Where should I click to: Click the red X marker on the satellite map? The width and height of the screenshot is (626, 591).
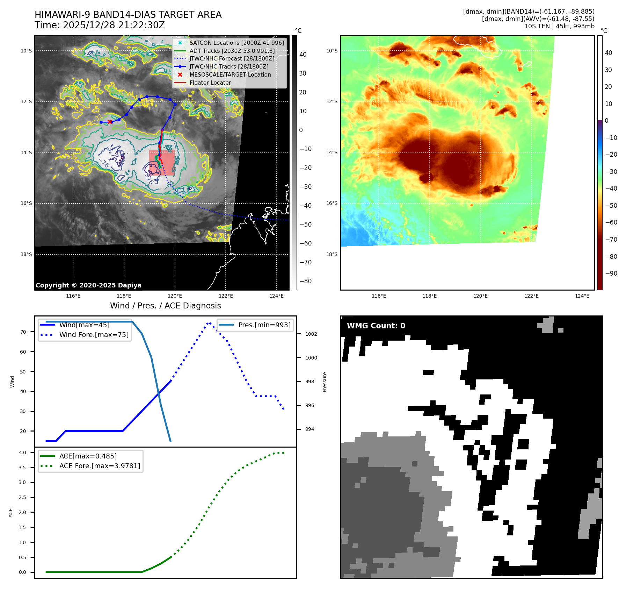point(110,122)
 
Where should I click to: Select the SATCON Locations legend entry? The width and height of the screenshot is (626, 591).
point(236,43)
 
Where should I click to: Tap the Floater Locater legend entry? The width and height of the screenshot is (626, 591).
point(210,83)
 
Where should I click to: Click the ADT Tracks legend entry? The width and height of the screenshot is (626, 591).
point(232,51)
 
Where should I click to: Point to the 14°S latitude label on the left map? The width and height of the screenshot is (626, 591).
point(26,152)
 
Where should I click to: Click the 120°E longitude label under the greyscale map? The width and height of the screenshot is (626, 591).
point(175,296)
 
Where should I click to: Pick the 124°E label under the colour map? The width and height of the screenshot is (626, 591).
point(582,296)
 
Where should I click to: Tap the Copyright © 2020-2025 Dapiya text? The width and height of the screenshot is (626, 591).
point(88,285)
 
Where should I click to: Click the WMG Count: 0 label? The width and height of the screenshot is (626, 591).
point(376,326)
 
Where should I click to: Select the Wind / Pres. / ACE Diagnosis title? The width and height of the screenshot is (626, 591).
point(165,306)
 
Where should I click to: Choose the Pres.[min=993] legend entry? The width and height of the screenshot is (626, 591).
point(264,325)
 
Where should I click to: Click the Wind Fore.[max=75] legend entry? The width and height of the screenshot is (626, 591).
point(94,335)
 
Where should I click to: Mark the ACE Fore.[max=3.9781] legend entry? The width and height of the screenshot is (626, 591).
point(100,466)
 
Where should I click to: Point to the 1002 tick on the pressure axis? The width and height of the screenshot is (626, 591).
point(311,334)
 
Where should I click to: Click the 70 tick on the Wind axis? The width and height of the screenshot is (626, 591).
point(23,332)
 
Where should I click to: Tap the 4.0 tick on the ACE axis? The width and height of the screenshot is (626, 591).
point(22,453)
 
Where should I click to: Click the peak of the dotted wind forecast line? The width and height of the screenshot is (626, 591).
point(209,323)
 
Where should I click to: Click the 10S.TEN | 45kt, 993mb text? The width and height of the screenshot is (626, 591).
point(559,26)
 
